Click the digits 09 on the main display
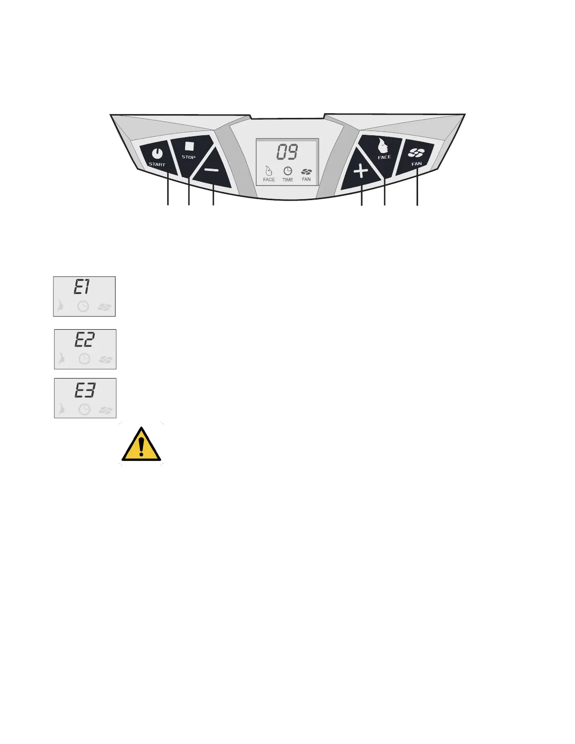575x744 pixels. pos(287,153)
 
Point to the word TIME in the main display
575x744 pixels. pos(287,180)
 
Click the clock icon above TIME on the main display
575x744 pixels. pos(287,171)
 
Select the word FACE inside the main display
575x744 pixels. pos(269,180)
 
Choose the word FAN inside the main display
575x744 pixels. pos(306,179)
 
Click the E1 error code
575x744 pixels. pos(82,287)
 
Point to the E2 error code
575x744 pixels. pos(85,340)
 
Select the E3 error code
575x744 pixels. pos(85,390)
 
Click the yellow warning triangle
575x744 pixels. pos(141,445)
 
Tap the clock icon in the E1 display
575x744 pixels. pos(83,307)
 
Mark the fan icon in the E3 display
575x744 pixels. pos(105,410)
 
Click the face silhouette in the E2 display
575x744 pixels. pos(61,360)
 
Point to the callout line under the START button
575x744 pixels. pos(168,190)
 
